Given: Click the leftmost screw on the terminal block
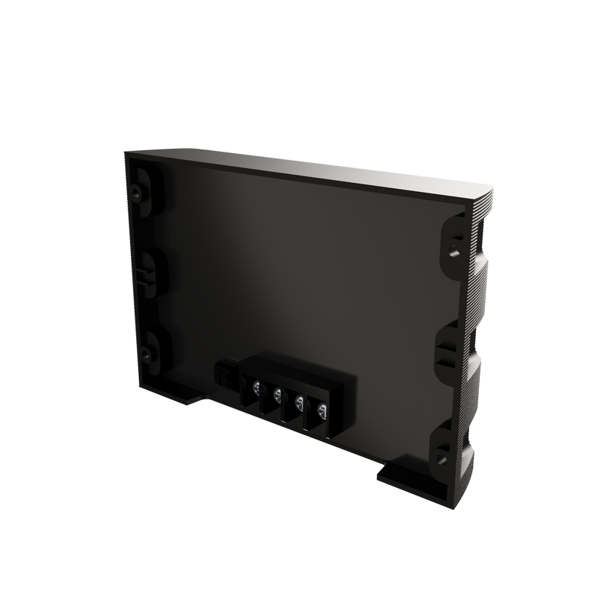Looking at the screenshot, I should [257, 387].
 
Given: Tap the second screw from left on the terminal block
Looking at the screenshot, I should [277, 395].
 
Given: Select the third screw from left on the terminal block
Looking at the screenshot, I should [299, 402].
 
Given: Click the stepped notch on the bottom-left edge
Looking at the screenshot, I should [195, 401].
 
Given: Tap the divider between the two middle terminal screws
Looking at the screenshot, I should [289, 408].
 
